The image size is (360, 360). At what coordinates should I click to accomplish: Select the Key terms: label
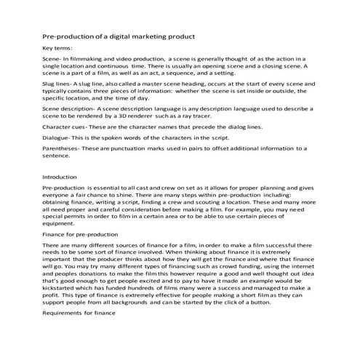[x=58, y=48]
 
